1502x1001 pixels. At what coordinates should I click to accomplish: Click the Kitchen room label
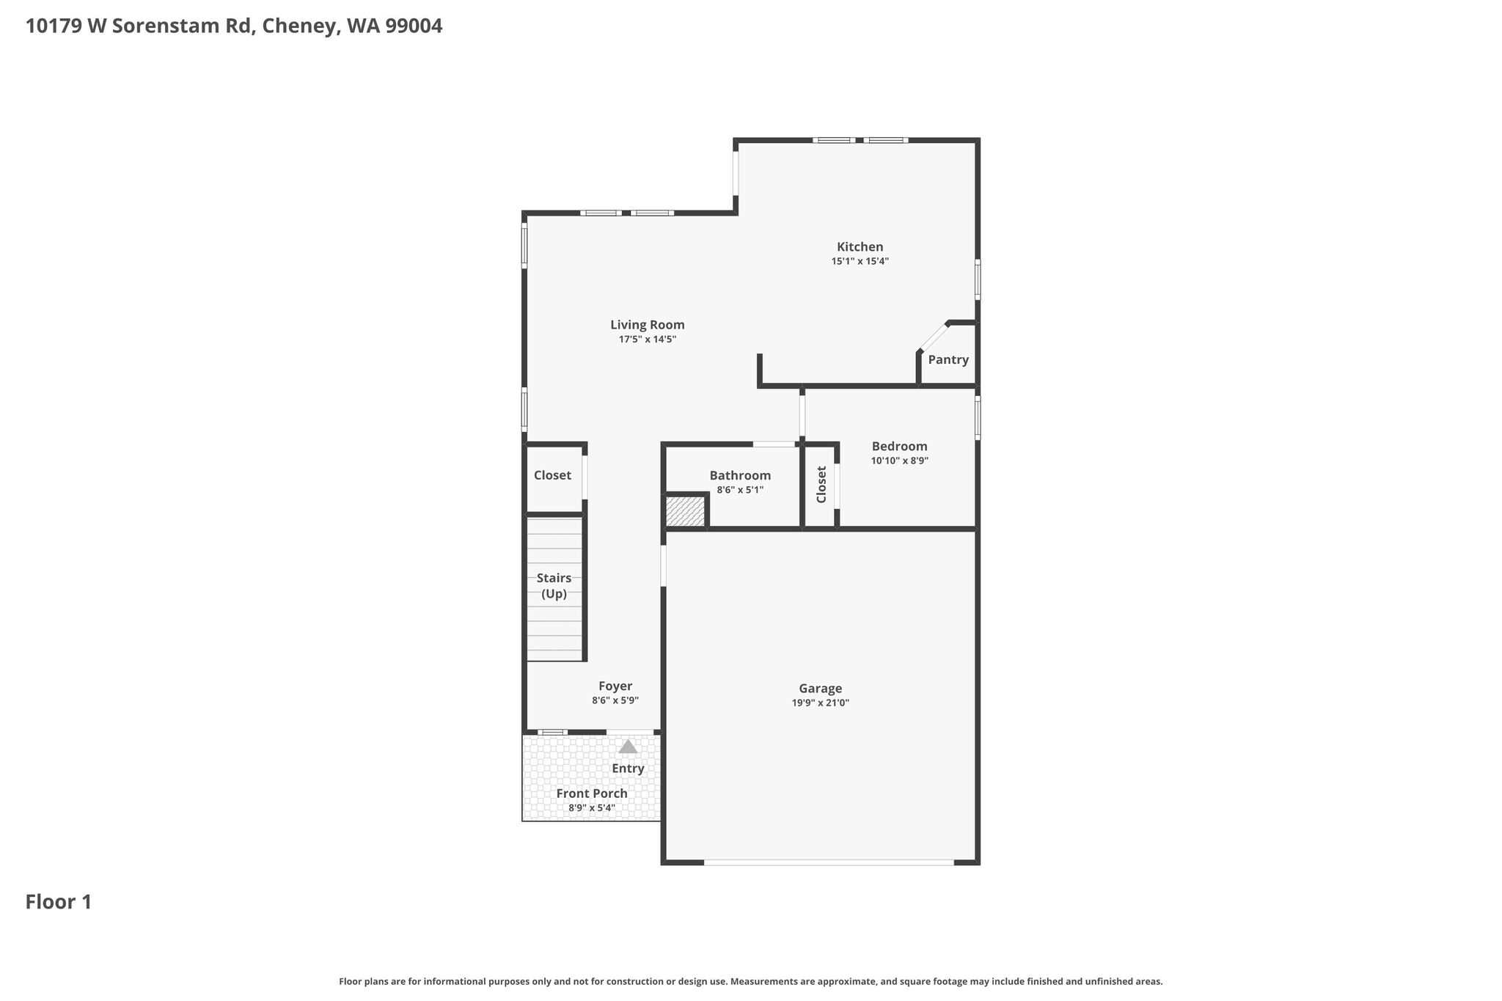(x=860, y=247)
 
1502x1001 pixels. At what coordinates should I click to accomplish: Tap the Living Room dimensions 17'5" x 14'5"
(x=648, y=340)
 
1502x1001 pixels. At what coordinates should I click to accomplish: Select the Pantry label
(x=948, y=360)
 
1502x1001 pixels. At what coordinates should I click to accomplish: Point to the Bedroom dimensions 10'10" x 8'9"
(x=900, y=461)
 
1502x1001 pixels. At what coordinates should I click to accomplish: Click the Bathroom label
(x=740, y=476)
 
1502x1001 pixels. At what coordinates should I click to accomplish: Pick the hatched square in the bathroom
(x=685, y=511)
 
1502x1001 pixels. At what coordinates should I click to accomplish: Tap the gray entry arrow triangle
(x=628, y=747)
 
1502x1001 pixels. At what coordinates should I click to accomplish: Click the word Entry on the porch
(x=628, y=769)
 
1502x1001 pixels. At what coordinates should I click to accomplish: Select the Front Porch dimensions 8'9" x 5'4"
(x=592, y=808)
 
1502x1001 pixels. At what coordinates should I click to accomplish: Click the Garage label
(x=821, y=689)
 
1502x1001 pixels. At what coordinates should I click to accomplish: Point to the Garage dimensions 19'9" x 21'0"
(x=821, y=703)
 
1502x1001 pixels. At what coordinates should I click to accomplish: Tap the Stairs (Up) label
(x=554, y=586)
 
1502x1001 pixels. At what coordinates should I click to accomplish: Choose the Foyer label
(x=615, y=686)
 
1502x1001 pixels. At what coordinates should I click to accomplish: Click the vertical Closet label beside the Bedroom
(x=821, y=485)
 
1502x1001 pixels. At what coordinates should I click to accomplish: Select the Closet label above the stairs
(x=552, y=475)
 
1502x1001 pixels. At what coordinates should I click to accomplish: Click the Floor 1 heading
(x=59, y=902)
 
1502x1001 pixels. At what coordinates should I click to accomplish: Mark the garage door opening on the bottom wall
(x=829, y=862)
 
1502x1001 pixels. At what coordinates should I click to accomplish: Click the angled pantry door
(x=934, y=337)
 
